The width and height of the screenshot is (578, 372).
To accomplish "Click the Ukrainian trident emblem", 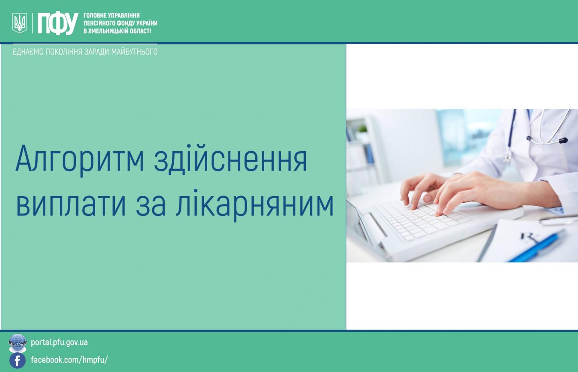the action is [x=20, y=23].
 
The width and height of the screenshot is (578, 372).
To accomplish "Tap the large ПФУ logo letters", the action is [x=58, y=23].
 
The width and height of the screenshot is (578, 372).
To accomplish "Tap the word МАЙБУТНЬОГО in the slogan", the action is [x=134, y=52].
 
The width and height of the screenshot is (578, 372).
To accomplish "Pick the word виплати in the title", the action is [x=71, y=205].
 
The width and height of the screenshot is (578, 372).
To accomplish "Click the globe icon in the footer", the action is [x=18, y=343].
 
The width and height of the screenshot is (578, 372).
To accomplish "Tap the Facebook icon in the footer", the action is [x=18, y=360].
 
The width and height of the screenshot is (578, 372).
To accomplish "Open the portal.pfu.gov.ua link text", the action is [x=59, y=343].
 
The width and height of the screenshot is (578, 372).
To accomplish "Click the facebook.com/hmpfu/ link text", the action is [x=69, y=360].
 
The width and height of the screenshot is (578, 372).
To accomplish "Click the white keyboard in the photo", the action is [x=423, y=222].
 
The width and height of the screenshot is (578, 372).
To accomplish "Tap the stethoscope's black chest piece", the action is [x=562, y=140].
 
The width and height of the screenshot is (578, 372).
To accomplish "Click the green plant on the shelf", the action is [x=362, y=129].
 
